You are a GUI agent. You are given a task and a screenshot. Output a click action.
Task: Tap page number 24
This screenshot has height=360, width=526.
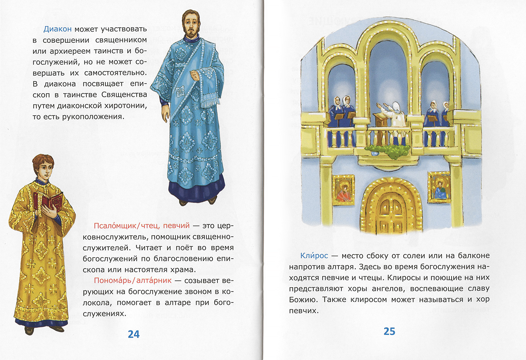coord(133,334)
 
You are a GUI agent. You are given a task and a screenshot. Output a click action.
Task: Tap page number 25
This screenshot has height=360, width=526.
coord(389,331)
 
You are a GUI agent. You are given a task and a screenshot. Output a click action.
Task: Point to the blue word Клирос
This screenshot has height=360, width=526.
coord(313,255)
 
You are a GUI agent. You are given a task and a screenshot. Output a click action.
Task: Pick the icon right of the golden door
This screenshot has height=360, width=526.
coord(439,187)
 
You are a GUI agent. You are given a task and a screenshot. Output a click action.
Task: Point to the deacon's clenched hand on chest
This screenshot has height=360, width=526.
coord(195,74)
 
